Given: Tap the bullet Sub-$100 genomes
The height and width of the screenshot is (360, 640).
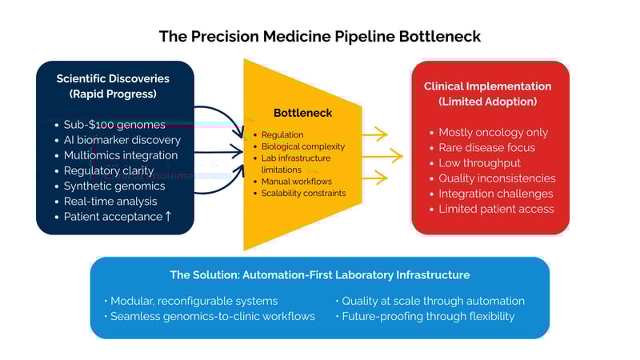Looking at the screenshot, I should coord(114,125).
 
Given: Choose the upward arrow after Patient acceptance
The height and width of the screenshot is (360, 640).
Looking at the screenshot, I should coord(168,216).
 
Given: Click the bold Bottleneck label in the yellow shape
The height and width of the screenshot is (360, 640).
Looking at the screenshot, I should coord(302,113).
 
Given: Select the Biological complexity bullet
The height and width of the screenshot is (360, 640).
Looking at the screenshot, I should coord(303,146).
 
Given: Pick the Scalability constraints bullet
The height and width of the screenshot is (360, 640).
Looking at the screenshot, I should coord(303,193).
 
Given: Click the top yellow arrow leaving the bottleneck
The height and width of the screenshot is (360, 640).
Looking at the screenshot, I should coord(374,134).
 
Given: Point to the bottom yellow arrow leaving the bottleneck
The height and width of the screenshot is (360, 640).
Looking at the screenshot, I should coord(374,177).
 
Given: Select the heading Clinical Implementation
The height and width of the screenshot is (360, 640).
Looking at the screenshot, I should coord(487,86).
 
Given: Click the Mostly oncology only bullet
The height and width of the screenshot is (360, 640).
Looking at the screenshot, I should coord(493,132).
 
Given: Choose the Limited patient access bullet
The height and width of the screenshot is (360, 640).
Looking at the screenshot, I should coord(496,209).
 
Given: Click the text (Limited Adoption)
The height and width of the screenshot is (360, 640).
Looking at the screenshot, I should coord(487,102).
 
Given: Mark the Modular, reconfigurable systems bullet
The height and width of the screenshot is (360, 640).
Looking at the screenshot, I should coord(194,301).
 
